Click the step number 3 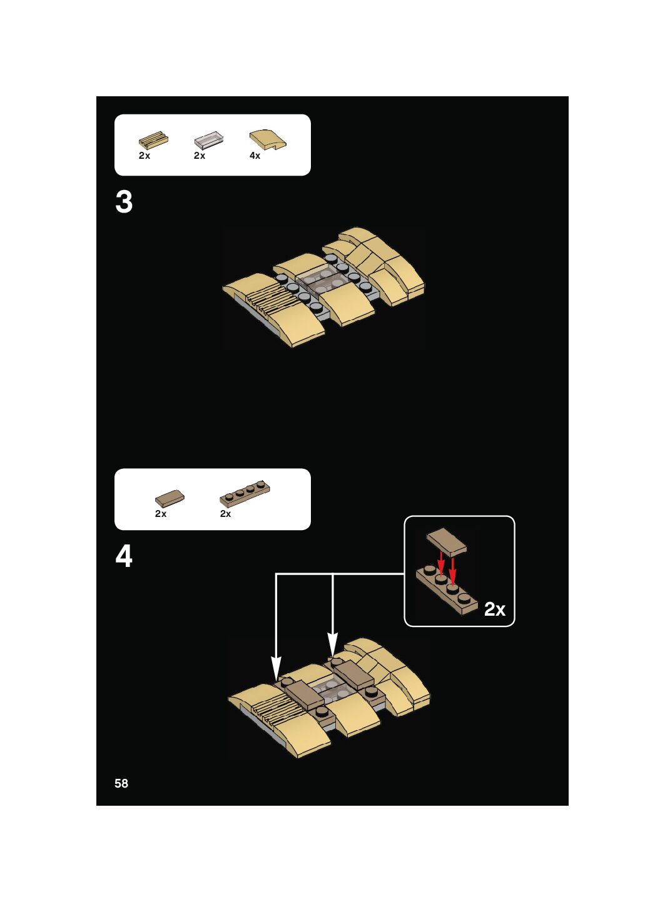[x=124, y=203]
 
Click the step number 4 [x=124, y=556]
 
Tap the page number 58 [x=121, y=783]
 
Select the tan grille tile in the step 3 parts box [x=153, y=139]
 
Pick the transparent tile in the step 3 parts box [x=208, y=139]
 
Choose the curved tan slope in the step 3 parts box [x=268, y=139]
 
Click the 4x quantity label [x=255, y=156]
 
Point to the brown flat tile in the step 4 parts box [x=170, y=498]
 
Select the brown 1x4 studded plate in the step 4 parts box [x=245, y=494]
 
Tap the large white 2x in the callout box [x=494, y=609]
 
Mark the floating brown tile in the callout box [x=447, y=541]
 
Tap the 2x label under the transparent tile [x=200, y=156]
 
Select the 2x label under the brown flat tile [x=161, y=514]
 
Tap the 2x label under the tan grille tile [x=145, y=156]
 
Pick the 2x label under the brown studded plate [x=226, y=514]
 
